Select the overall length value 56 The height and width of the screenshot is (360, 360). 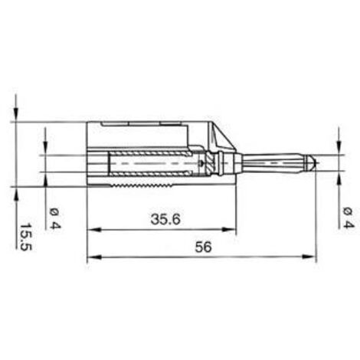coord(201,248)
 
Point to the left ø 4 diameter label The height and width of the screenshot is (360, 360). coord(54,218)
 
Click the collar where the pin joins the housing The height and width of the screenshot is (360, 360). coord(222,163)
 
